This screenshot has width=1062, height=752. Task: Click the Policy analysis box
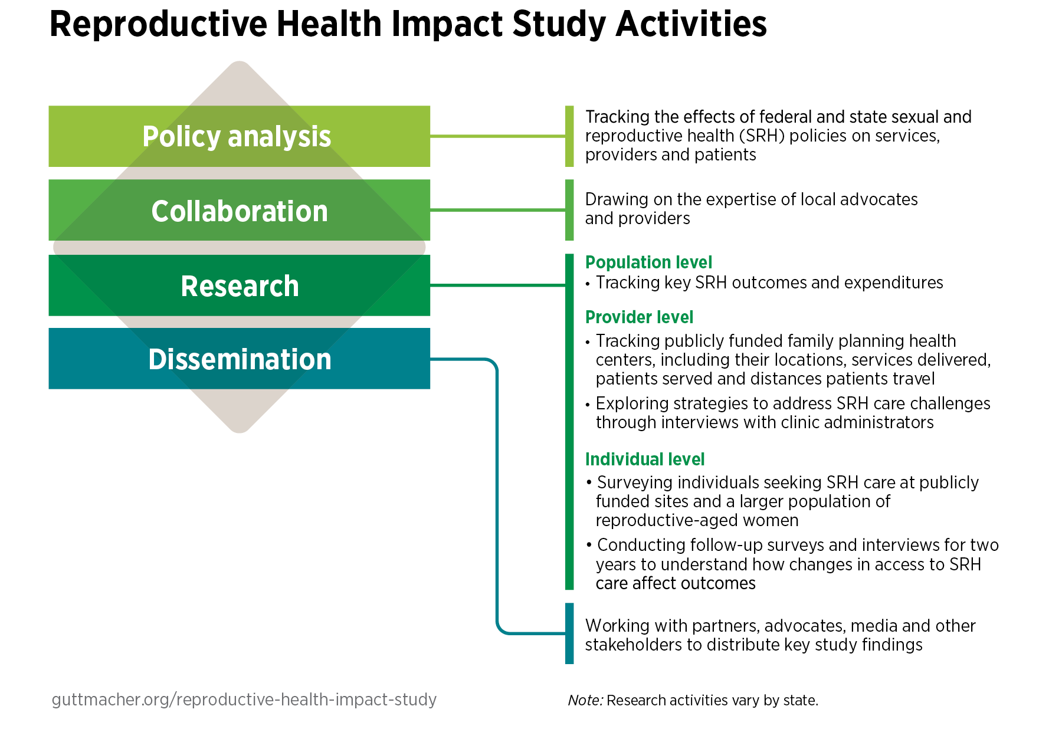tap(239, 136)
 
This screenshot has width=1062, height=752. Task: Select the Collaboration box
tap(239, 211)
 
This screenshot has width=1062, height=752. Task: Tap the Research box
tap(239, 285)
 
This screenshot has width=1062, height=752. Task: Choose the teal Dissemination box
tap(239, 359)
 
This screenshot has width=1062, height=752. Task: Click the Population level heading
tap(648, 262)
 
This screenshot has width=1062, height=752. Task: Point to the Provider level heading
tap(639, 317)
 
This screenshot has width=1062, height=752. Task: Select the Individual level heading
tap(644, 459)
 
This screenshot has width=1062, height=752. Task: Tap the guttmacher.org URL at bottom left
tap(244, 700)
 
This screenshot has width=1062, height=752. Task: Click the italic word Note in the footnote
tap(585, 701)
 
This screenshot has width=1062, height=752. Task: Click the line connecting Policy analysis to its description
tap(497, 136)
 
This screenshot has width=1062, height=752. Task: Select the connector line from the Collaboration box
tap(497, 210)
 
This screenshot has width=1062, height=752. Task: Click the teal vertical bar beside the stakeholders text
tap(569, 633)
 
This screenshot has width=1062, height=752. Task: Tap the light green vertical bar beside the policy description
tap(569, 136)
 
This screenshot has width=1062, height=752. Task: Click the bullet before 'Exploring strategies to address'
tap(588, 405)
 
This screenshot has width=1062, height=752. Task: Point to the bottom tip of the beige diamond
tap(240, 431)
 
